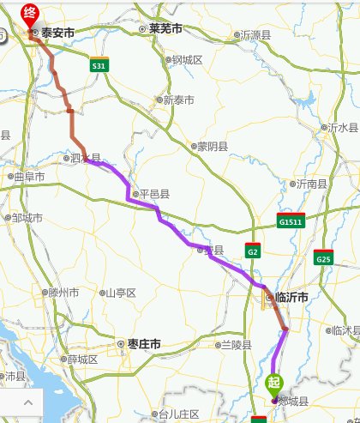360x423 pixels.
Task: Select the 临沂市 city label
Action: [287, 297]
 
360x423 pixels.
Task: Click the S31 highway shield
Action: [99, 65]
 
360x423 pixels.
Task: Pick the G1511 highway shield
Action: [291, 221]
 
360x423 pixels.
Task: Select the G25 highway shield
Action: [323, 258]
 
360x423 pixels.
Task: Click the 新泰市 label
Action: [175, 100]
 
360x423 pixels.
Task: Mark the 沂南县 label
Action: [309, 184]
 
